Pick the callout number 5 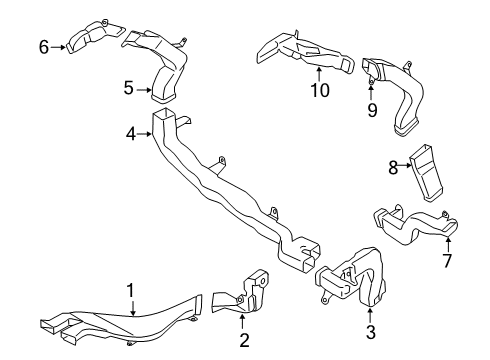point(129,88)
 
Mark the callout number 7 point(446,262)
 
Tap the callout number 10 point(318,92)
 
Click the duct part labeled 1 point(120,320)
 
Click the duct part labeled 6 point(88,36)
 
